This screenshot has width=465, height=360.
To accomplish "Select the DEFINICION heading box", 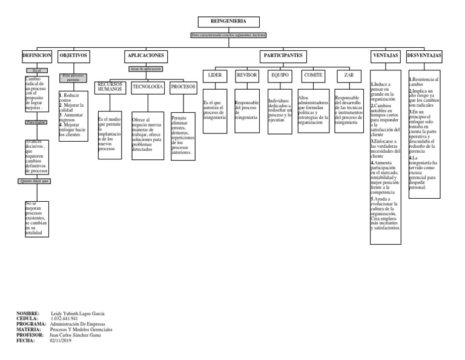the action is point(36,55).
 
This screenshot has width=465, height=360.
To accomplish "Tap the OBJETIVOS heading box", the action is point(74,55).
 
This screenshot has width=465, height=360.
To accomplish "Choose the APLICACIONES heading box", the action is point(146,55).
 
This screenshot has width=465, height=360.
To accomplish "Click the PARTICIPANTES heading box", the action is point(283,55).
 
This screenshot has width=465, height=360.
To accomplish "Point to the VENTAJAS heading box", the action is point(384,55).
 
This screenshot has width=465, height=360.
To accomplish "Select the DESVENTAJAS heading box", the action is point(424,55).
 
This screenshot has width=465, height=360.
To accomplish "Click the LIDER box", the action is point(215,75).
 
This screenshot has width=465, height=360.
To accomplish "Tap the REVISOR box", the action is point(247,75).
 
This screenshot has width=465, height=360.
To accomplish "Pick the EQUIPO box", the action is point(280,75).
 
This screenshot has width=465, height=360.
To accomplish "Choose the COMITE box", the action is point(313,75).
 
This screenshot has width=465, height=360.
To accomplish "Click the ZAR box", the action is point(349,75).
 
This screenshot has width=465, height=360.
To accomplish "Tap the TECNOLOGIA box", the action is point(148,87).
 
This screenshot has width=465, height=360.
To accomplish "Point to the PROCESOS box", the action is point(183,87).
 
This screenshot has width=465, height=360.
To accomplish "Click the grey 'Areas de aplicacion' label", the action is point(146,69).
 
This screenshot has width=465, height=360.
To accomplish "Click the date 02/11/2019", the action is point(61,341).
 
